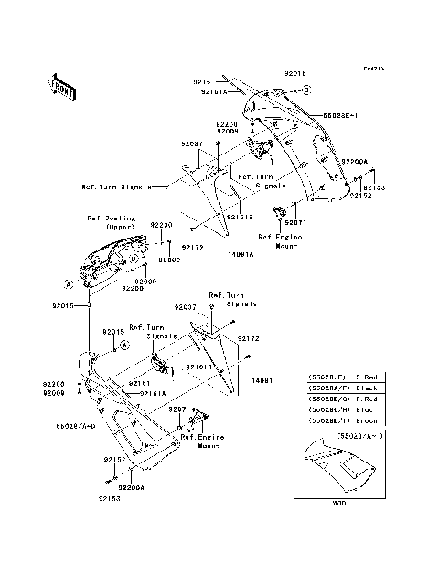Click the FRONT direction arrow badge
click(62, 87)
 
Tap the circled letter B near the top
click(307, 91)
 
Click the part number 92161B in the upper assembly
click(240, 217)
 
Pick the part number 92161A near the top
click(214, 91)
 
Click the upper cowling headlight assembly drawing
click(114, 260)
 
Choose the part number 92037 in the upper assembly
click(191, 143)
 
